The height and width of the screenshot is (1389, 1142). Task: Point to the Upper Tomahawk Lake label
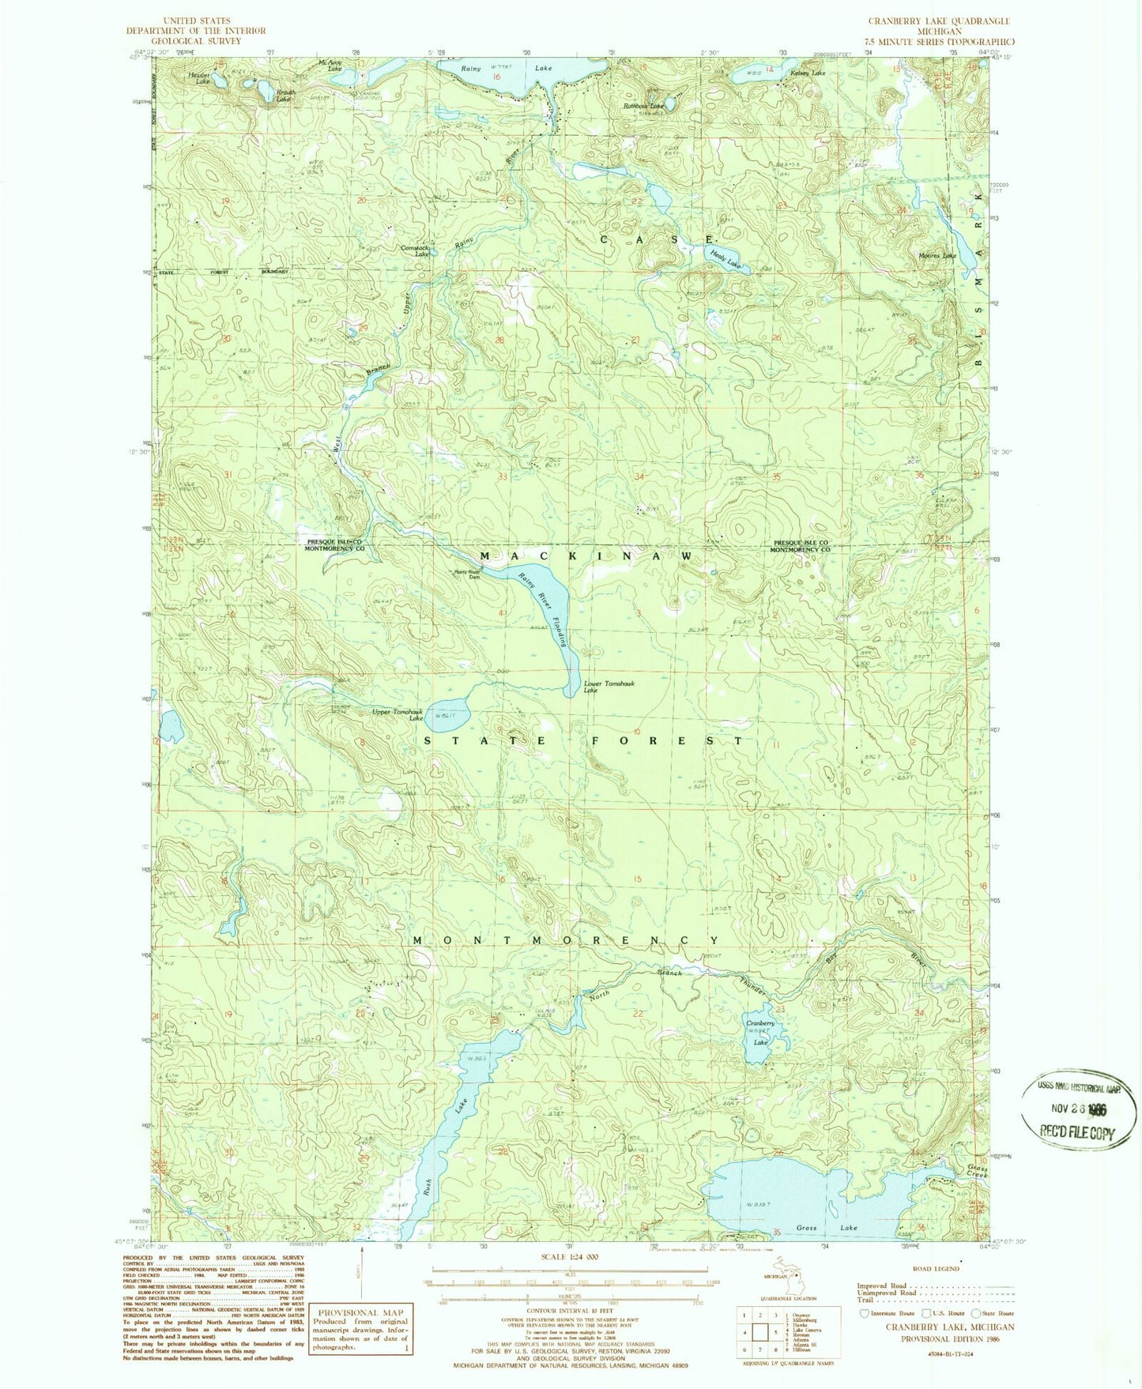[x=399, y=715]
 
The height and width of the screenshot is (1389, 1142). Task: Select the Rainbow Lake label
[x=643, y=105]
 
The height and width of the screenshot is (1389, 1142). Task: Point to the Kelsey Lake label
[x=807, y=73]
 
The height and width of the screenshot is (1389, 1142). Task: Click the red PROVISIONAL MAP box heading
[x=359, y=1312]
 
